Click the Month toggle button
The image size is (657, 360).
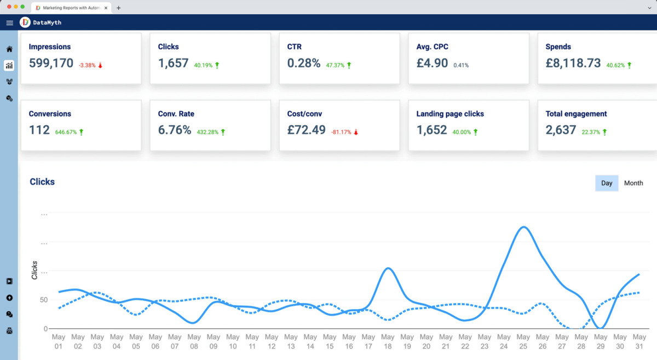[633, 183]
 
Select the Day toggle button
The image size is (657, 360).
[607, 183]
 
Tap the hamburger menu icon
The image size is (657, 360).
[9, 23]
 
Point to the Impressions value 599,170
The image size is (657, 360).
[51, 63]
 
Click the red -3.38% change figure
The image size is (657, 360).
[87, 65]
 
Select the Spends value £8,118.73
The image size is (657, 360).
[573, 63]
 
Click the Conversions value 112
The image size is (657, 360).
[39, 130]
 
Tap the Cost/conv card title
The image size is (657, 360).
[304, 114]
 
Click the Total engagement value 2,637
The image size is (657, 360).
[561, 130]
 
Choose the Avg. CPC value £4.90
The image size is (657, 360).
[433, 63]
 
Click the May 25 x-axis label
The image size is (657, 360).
[523, 341]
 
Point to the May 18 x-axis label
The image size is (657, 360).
[388, 341]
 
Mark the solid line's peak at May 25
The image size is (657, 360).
[523, 227]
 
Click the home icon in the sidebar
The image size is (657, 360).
[9, 49]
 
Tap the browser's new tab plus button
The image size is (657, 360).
[119, 8]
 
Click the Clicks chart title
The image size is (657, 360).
[42, 182]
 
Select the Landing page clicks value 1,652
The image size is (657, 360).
[431, 130]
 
